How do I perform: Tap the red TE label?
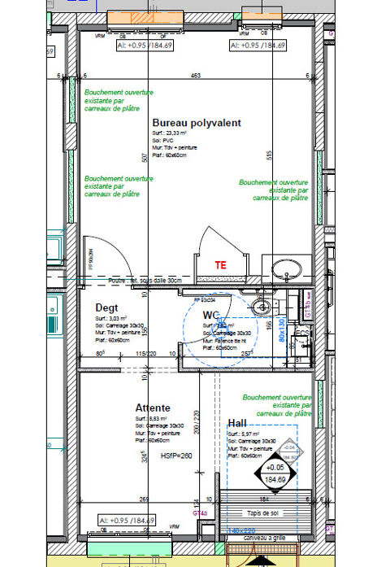pos(219,265)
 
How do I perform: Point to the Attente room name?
pos(152,407)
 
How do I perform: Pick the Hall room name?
pos(237,423)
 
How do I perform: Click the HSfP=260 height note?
pos(178,456)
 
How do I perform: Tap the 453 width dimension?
pos(196,76)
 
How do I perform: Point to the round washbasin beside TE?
pos(284,269)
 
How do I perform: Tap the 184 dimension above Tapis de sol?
pos(263,499)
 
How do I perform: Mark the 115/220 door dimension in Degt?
pos(145,353)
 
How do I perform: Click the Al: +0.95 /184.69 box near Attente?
pos(126,520)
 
